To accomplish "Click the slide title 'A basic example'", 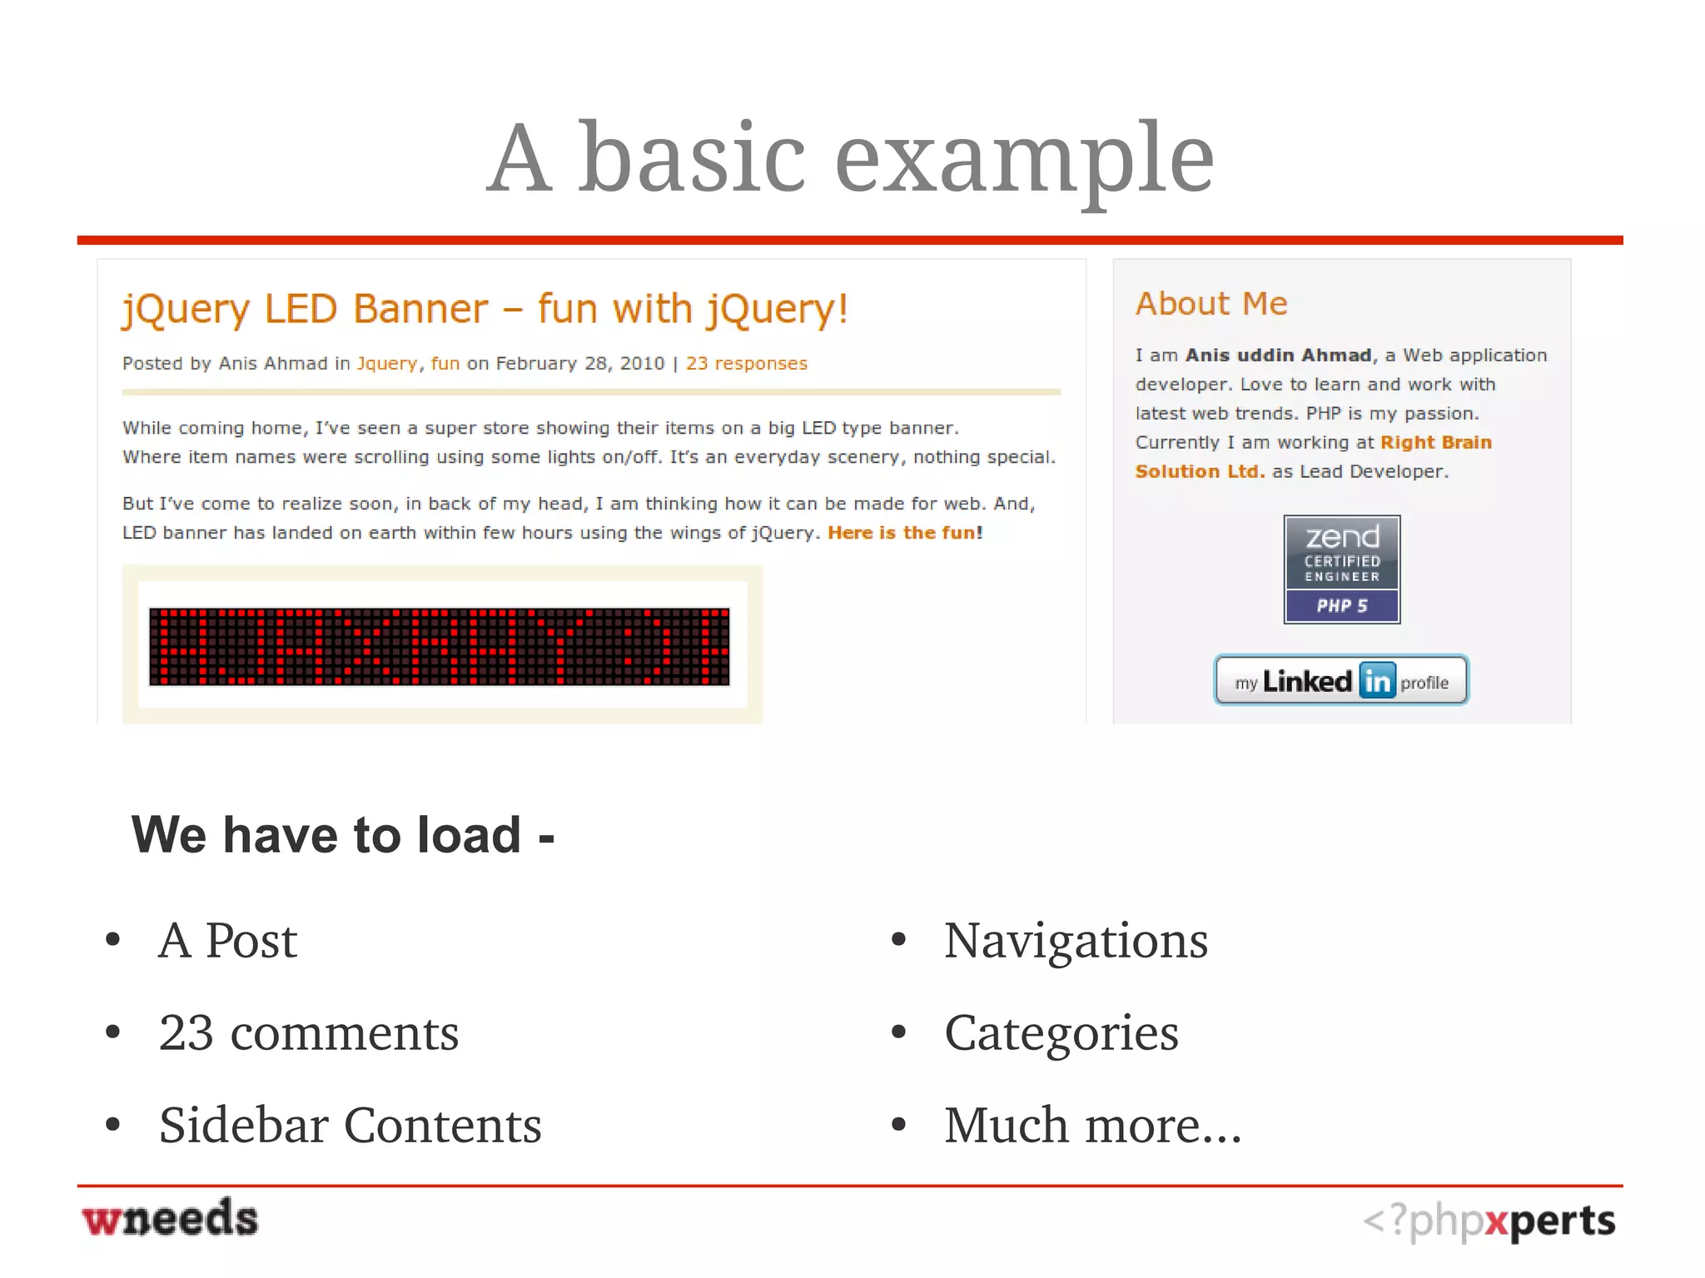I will click(850, 158).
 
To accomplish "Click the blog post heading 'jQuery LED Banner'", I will click(485, 310).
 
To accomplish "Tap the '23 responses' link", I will click(746, 364).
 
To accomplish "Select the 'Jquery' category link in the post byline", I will click(387, 364).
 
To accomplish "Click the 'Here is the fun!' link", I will click(905, 533).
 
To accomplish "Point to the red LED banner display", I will click(439, 647).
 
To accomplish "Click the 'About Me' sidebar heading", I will click(1211, 304).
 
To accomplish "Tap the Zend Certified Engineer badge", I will click(1341, 569).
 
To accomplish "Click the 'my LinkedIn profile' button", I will click(1341, 681).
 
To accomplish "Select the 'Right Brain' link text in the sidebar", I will click(1436, 443).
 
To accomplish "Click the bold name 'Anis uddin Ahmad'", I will click(1278, 356).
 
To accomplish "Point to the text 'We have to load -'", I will click(342, 835).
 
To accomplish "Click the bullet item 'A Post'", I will click(227, 941).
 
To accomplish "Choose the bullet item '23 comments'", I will click(309, 1033).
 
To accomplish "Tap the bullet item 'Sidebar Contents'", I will click(350, 1126).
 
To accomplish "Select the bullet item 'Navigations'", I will click(1076, 941).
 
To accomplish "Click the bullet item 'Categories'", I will click(1061, 1033).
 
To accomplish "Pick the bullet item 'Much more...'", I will click(1092, 1126).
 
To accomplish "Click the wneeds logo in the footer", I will click(170, 1219).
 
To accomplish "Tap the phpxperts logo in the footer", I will click(1489, 1221).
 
